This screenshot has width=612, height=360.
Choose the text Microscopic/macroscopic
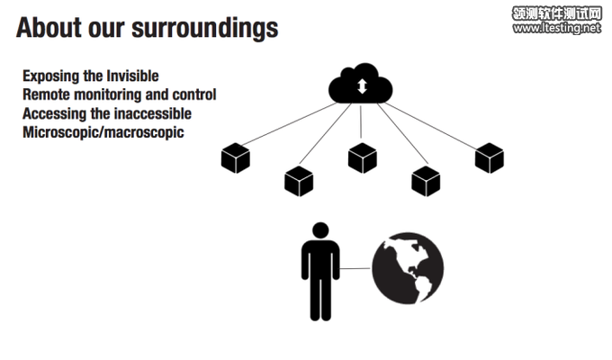pyautogui.click(x=103, y=132)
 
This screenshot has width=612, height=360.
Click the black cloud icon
pyautogui.click(x=362, y=85)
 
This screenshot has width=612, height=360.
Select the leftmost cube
pyautogui.click(x=235, y=157)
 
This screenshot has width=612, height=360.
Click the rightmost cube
pyautogui.click(x=489, y=157)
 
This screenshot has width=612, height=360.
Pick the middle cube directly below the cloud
pyautogui.click(x=362, y=157)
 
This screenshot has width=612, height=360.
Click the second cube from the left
pyautogui.click(x=298, y=181)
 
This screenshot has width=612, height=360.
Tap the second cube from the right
pyautogui.click(x=426, y=181)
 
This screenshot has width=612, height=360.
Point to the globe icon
pyautogui.click(x=408, y=267)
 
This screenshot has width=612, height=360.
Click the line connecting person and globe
pyautogui.click(x=356, y=267)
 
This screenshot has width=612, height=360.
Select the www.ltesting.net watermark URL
pyautogui.click(x=556, y=29)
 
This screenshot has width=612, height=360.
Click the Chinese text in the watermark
pyautogui.click(x=556, y=13)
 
